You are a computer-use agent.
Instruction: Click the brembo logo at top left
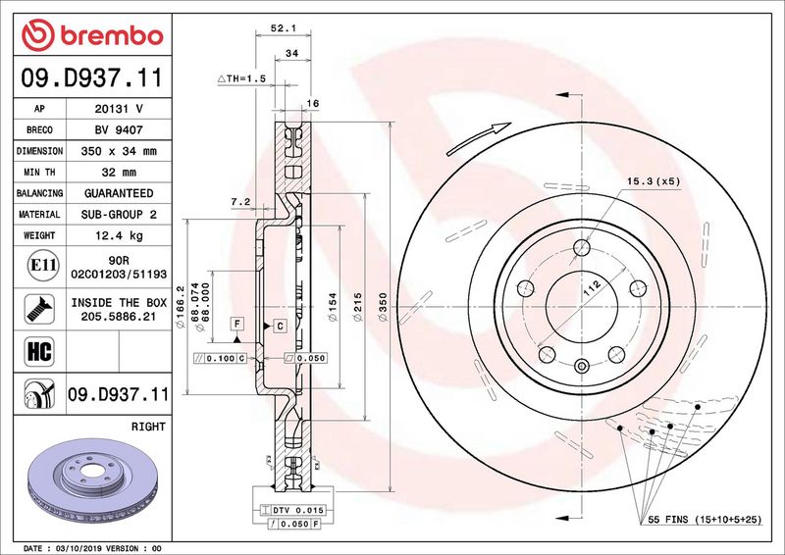[92, 35]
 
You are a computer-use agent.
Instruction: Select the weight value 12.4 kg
[119, 235]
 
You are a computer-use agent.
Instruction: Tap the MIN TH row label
[39, 173]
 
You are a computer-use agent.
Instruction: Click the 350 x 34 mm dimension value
[119, 151]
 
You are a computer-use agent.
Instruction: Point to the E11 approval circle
[43, 265]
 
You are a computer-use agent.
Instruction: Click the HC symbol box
[39, 351]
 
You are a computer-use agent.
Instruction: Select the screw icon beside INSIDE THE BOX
[39, 308]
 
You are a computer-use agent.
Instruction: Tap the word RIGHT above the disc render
[148, 427]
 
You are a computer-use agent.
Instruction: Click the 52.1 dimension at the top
[284, 28]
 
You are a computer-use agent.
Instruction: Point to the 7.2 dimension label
[240, 202]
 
